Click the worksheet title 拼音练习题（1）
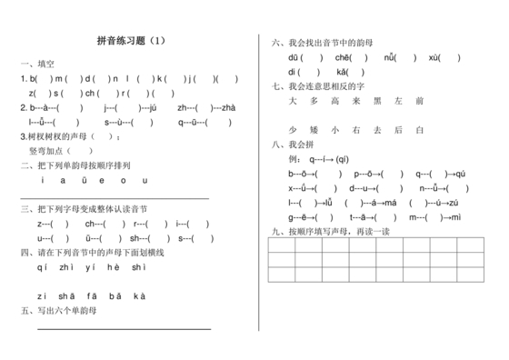132,42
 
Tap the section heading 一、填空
37,64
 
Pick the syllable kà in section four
139,295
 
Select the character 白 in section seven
420,130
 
